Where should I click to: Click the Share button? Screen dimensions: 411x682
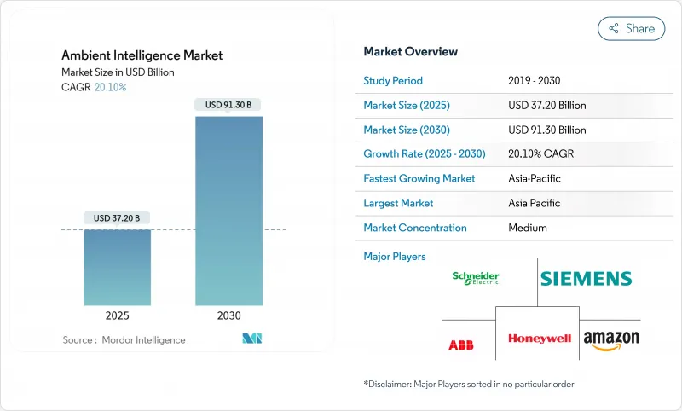point(631,28)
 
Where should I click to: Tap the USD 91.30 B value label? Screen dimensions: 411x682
point(228,105)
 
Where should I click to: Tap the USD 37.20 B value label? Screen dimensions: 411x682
point(117,218)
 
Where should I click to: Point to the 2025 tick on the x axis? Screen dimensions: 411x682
point(117,315)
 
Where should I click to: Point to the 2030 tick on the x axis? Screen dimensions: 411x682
point(228,315)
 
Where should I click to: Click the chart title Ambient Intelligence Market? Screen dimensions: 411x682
point(142,55)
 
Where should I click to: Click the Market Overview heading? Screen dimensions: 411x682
point(410,52)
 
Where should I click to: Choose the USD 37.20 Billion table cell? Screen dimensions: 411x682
point(546,106)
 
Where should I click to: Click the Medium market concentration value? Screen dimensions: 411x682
point(527,228)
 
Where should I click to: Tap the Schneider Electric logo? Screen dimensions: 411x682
point(476,278)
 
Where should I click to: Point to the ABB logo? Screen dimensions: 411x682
point(460,344)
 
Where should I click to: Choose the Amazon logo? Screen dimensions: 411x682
point(611,340)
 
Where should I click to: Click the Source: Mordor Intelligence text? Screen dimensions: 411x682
point(124,340)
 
